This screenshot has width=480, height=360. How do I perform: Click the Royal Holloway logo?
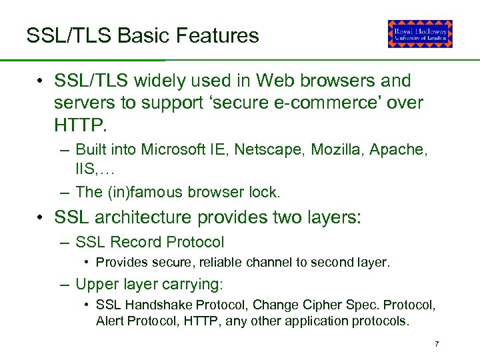pyautogui.click(x=420, y=34)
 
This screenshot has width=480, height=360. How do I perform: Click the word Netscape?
pyautogui.click(x=274, y=149)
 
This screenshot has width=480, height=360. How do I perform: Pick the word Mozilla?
pyautogui.click(x=337, y=149)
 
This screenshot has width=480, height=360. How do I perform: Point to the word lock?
pyautogui.click(x=265, y=192)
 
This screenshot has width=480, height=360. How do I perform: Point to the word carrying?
pyautogui.click(x=191, y=284)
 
